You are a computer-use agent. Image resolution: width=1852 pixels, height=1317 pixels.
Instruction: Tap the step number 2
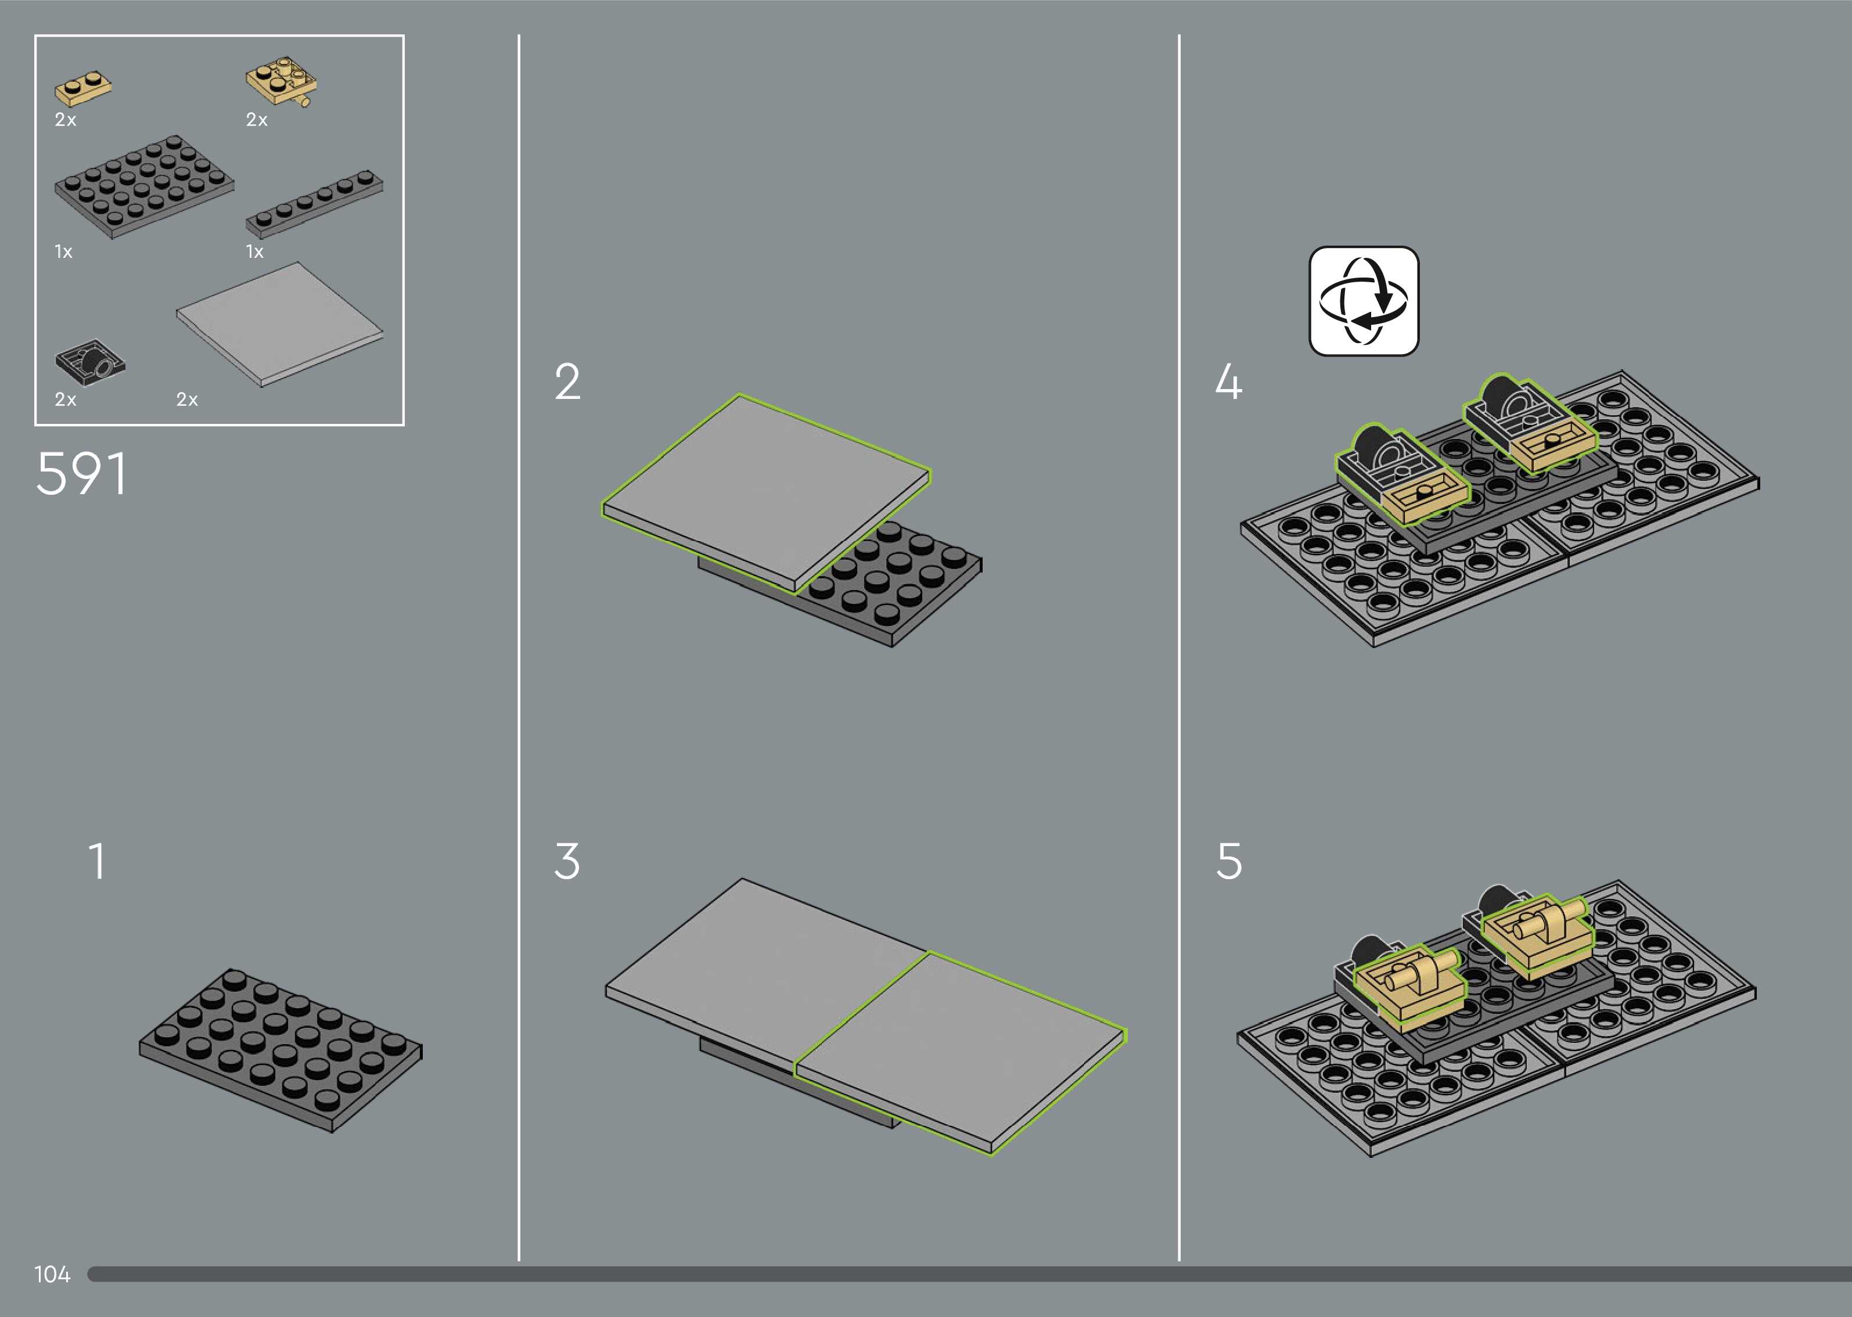point(567,382)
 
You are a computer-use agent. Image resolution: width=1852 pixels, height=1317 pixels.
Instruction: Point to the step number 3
point(567,861)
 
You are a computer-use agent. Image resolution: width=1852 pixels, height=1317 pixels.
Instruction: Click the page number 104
point(52,1274)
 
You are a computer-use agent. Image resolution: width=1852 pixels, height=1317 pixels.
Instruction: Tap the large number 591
point(81,474)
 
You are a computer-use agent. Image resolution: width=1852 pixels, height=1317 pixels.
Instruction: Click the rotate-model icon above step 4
point(1364,301)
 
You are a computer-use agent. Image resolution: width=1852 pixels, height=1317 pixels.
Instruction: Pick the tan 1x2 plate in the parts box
point(82,88)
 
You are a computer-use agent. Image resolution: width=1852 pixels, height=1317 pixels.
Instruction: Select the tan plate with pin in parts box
point(281,82)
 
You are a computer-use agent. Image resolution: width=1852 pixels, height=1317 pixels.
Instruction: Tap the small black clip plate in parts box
point(90,362)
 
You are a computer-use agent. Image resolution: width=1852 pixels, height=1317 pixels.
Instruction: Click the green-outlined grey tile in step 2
point(765,493)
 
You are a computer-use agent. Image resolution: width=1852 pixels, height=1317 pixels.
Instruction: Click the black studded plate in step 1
point(281,1050)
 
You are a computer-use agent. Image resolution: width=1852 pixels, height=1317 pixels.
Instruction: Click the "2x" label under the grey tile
point(188,399)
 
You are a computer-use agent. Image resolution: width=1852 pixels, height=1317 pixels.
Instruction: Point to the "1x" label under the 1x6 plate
point(254,251)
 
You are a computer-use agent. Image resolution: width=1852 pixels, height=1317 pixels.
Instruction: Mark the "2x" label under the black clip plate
point(66,399)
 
